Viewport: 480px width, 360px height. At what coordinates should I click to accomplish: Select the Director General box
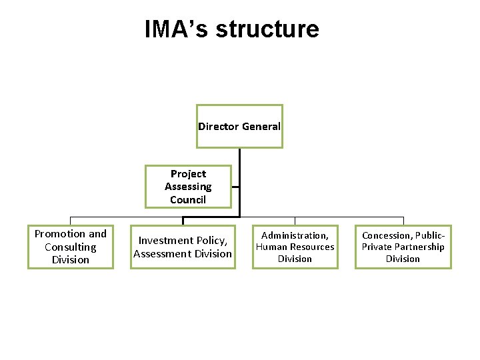click(x=239, y=126)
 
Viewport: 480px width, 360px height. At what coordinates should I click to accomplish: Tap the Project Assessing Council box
click(x=188, y=187)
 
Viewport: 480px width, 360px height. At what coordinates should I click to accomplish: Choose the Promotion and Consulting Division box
click(x=71, y=247)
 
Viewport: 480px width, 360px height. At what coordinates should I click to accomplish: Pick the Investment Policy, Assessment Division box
click(x=183, y=247)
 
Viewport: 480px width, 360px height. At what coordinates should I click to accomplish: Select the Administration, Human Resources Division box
click(x=295, y=247)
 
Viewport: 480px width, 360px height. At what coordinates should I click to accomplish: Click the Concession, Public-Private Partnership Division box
click(x=403, y=247)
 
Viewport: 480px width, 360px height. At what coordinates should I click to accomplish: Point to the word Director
click(x=218, y=127)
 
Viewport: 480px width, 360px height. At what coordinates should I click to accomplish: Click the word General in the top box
click(x=261, y=127)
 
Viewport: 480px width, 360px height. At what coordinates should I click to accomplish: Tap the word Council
click(x=188, y=199)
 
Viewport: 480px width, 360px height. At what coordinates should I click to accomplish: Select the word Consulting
click(x=71, y=247)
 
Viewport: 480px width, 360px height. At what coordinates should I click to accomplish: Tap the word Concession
click(x=387, y=235)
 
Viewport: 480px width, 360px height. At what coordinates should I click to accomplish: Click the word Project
click(x=188, y=174)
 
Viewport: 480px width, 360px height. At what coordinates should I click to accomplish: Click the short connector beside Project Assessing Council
click(x=235, y=187)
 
